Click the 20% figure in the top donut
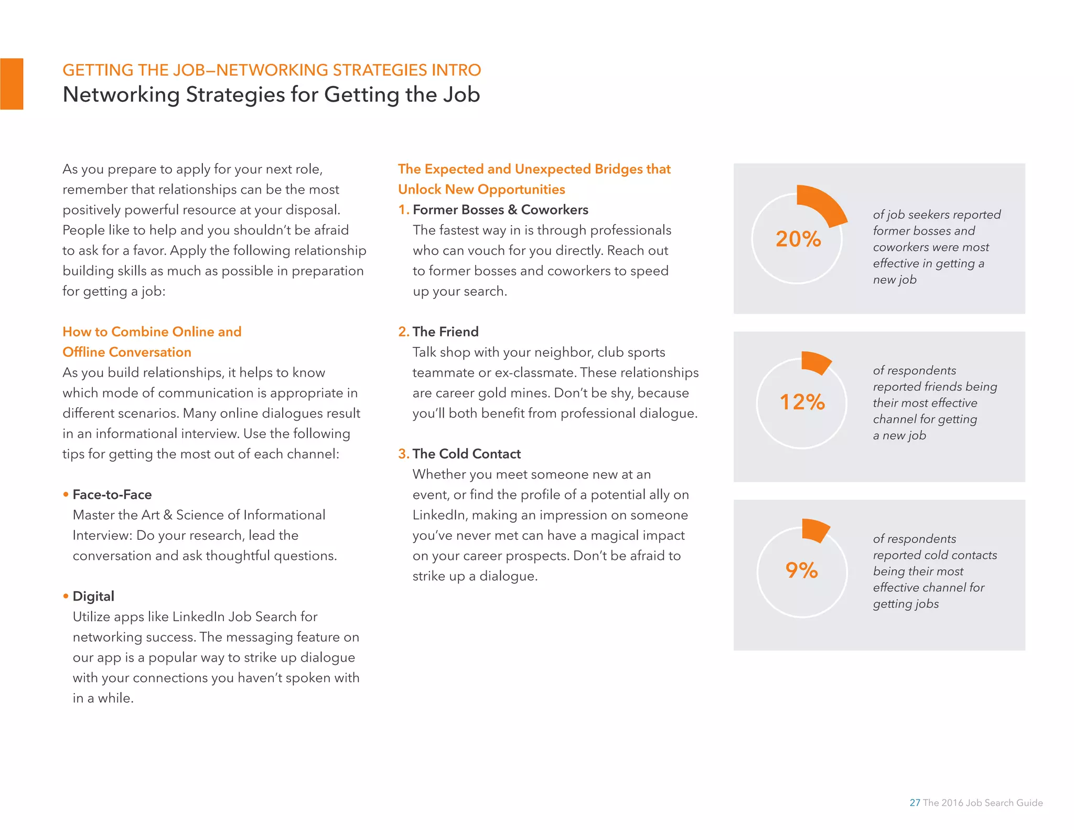pos(798,239)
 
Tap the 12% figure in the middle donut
pos(802,402)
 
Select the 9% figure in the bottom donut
pos(801,570)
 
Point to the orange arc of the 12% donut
pos(815,363)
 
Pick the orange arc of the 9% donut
pos(815,530)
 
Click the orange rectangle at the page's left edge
pos(12,84)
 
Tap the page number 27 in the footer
pos(915,803)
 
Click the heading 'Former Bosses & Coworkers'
pos(500,210)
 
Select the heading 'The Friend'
pos(445,332)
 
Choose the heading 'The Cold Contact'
pos(466,454)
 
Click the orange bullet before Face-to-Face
pos(66,494)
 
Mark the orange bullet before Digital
pos(66,596)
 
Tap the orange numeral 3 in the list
pos(402,454)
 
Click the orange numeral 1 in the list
pos(402,210)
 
